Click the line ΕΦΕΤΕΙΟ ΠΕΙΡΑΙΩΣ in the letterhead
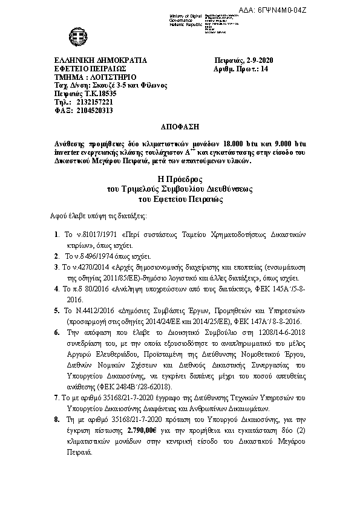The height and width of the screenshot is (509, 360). pos(89,70)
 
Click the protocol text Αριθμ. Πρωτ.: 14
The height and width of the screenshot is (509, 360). pos(241,70)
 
